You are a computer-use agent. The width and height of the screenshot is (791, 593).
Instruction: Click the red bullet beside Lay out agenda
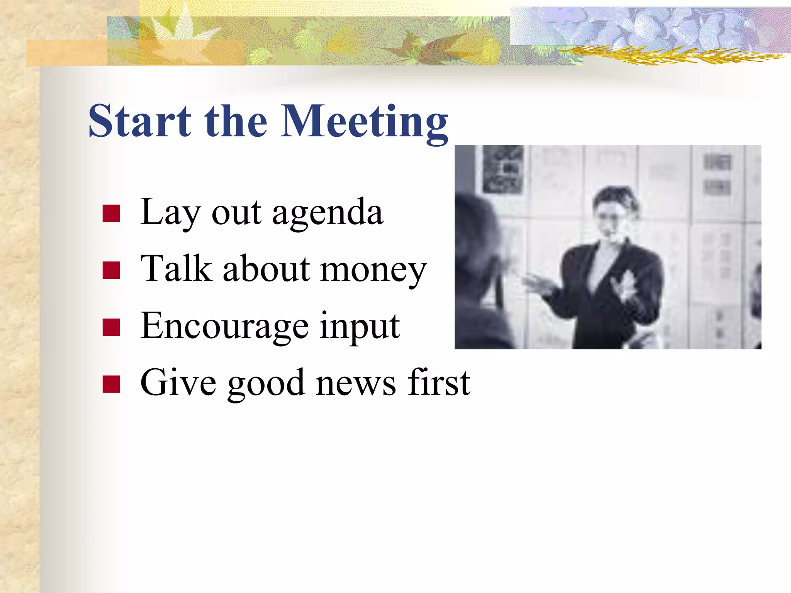pos(111,213)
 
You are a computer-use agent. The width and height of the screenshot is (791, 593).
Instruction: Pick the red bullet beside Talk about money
pos(111,270)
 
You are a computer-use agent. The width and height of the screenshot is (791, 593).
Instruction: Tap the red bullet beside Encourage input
pos(111,327)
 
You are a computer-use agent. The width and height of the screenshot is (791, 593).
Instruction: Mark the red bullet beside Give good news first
pos(111,384)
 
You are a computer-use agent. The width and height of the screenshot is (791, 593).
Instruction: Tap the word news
pos(356,383)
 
